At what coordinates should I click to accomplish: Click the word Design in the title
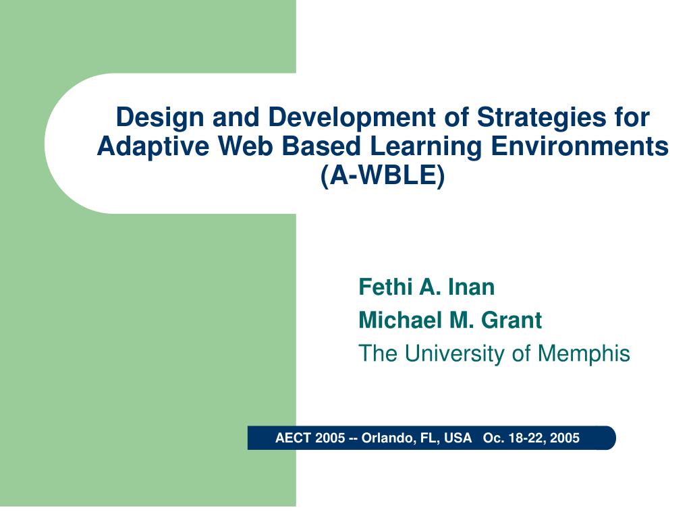[x=160, y=118]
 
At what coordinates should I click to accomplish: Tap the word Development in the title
[x=352, y=117]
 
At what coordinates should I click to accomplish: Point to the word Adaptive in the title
[x=153, y=147]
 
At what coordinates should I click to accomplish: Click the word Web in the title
[x=246, y=146]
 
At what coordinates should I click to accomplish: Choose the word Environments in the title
[x=580, y=146]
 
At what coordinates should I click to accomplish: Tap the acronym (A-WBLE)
[x=383, y=176]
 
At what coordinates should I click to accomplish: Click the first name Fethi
[x=385, y=287]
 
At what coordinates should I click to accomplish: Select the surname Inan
[x=472, y=287]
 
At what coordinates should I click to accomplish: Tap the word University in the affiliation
[x=455, y=353]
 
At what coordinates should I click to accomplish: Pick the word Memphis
[x=584, y=353]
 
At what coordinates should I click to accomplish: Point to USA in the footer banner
[x=458, y=438]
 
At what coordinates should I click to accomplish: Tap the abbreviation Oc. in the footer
[x=493, y=438]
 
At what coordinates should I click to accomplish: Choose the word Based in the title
[x=321, y=146]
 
